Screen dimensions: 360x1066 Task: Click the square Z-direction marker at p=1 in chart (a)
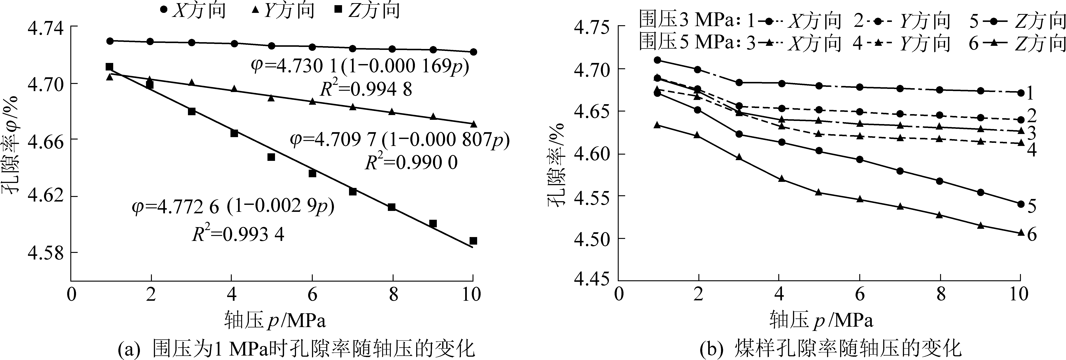pos(109,67)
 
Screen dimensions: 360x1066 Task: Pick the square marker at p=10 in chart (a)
pos(473,240)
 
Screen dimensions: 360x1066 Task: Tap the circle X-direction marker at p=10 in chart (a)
pos(473,52)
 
